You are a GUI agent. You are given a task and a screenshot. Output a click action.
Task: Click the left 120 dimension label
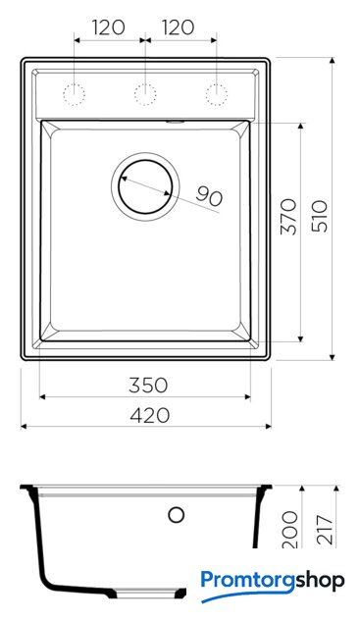coord(109,27)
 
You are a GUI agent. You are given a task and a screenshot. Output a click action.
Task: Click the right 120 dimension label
coord(178,27)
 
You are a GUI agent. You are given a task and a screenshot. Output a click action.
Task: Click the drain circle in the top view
coord(145,160)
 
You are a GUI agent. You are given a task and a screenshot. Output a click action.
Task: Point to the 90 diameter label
coord(209,196)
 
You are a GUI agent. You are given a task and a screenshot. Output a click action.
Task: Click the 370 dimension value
coord(288,217)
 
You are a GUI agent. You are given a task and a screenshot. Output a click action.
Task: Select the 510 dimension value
coord(320,216)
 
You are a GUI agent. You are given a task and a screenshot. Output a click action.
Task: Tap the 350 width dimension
coord(148,385)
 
